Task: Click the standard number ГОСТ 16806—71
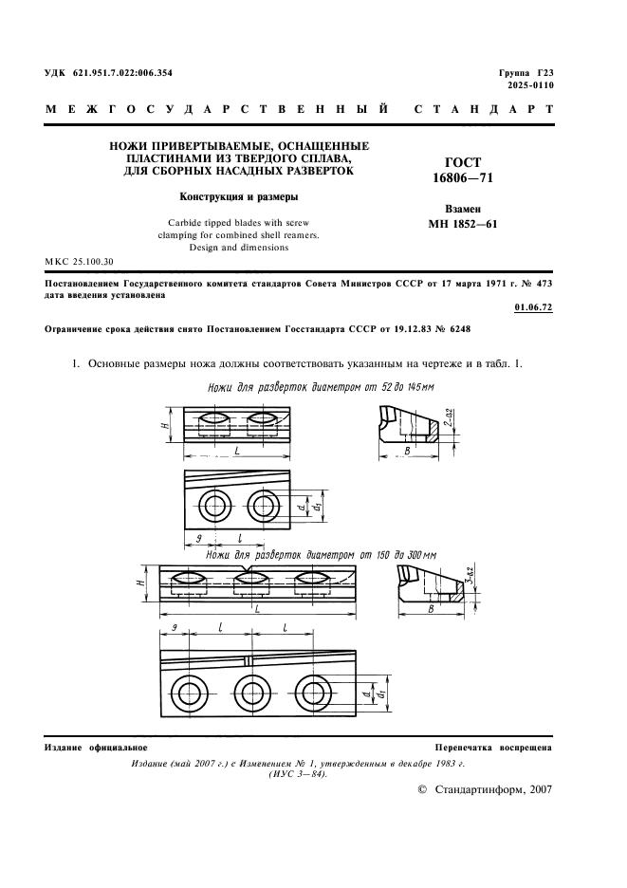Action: (463, 170)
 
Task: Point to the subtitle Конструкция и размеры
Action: (240, 198)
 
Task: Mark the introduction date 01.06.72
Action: (533, 307)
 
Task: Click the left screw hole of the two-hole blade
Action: (212, 502)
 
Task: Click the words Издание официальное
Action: (90, 749)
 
